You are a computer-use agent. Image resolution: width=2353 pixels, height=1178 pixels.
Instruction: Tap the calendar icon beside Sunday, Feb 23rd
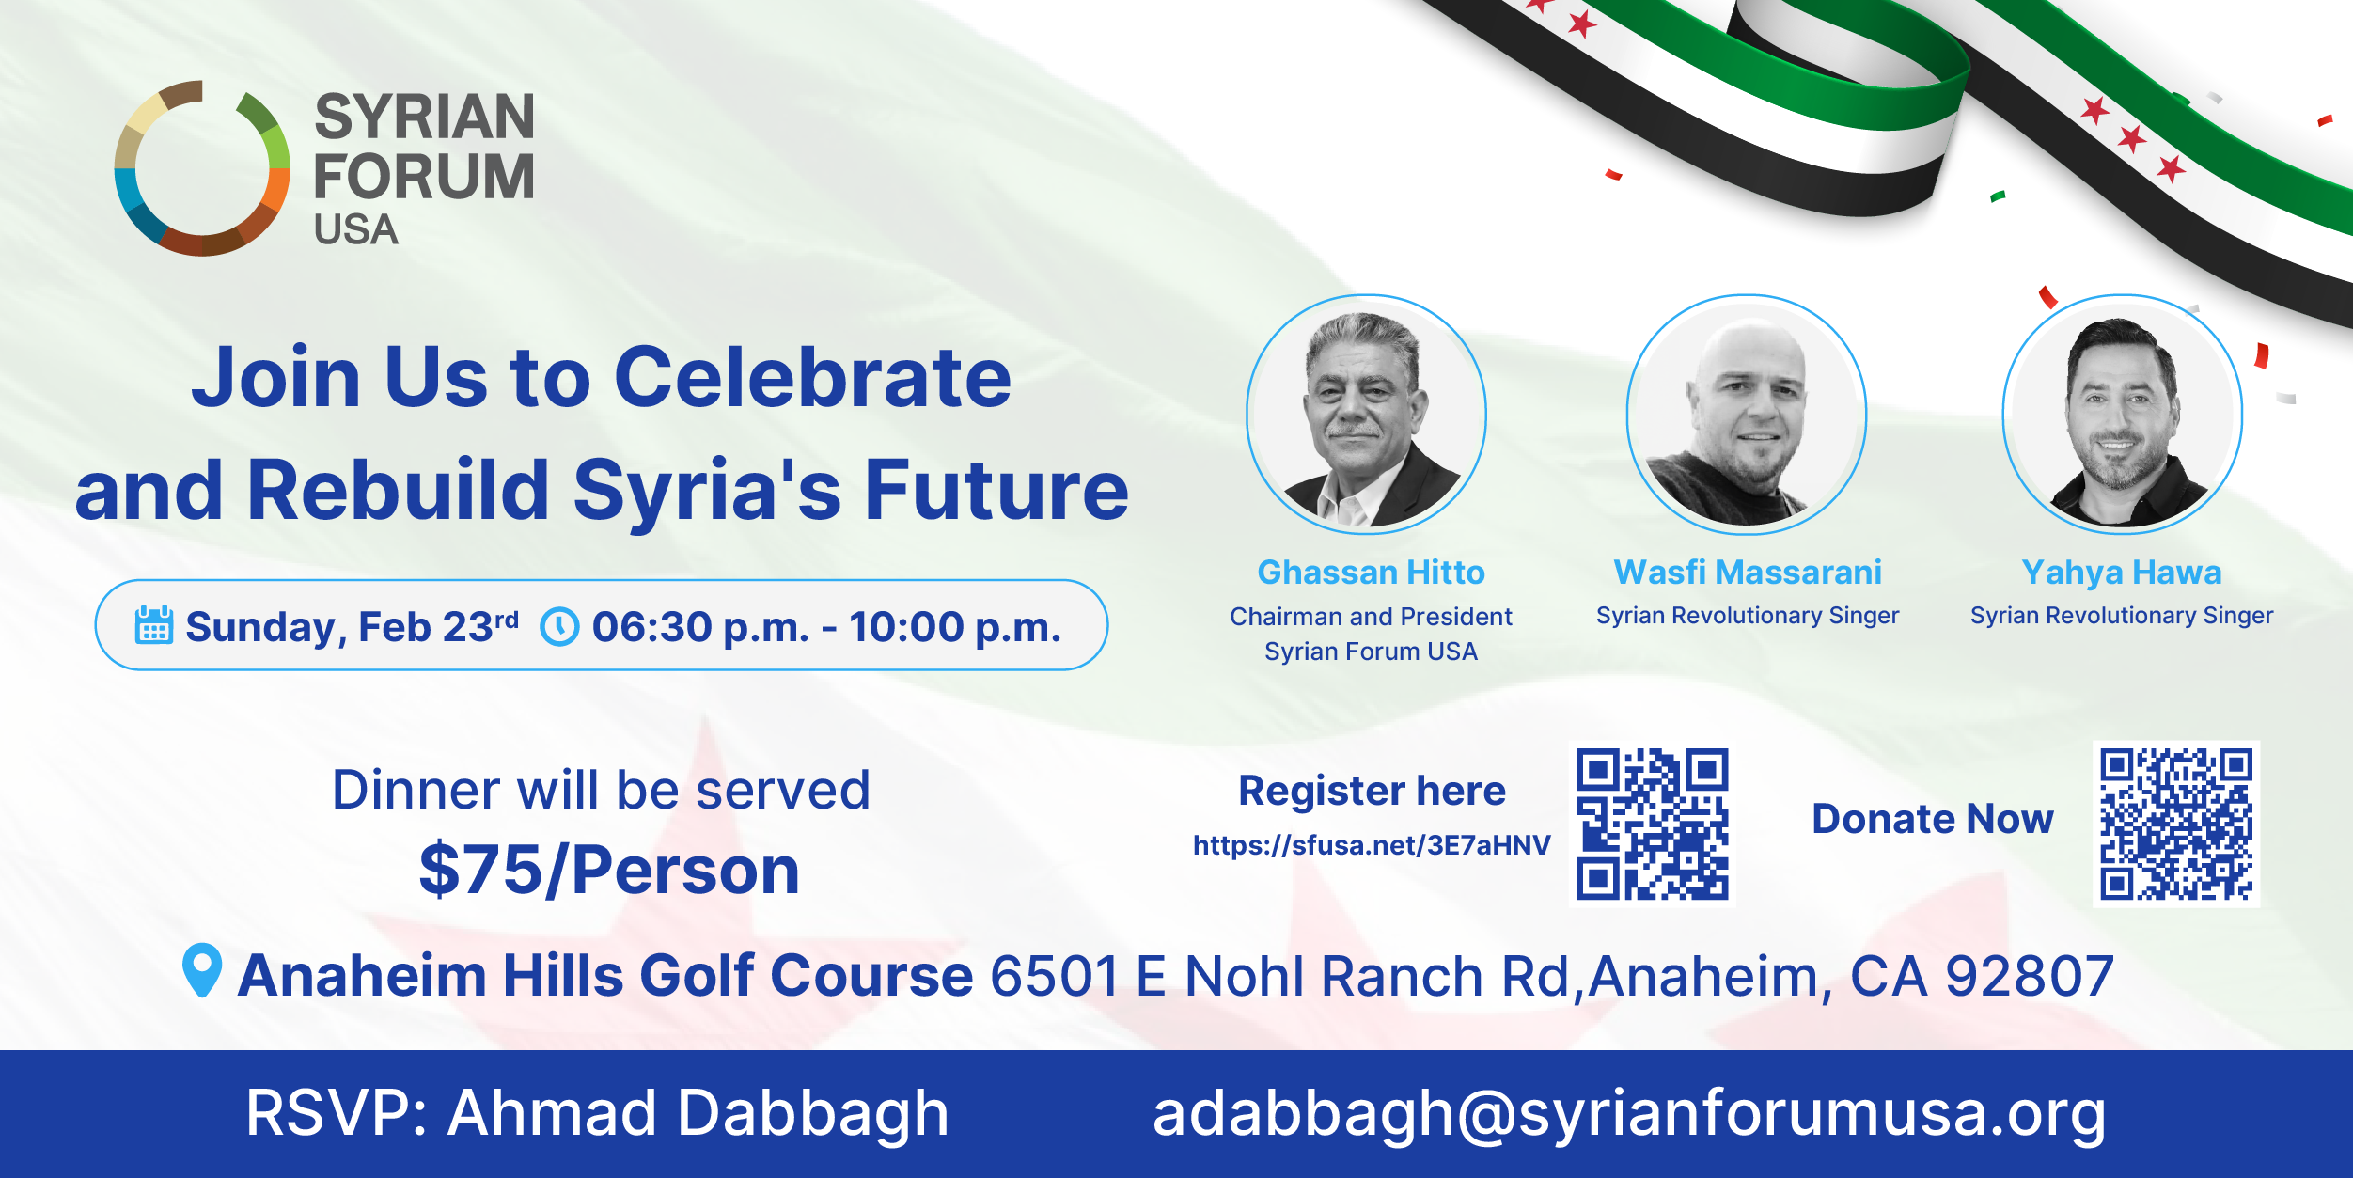point(153,625)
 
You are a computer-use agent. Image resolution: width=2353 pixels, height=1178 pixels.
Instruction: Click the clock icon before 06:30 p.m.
point(559,626)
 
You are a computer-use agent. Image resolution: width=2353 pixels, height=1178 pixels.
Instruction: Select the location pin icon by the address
point(201,969)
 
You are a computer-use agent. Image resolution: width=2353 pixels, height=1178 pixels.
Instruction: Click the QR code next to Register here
point(1652,824)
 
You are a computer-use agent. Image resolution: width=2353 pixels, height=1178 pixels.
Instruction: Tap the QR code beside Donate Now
point(2176,824)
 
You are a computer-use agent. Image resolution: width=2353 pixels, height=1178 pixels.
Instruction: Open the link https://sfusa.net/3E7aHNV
point(1372,845)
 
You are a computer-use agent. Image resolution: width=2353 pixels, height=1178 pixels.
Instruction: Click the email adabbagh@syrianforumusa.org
point(1629,1114)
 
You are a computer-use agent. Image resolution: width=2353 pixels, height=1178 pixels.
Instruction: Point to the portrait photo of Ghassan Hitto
point(1366,415)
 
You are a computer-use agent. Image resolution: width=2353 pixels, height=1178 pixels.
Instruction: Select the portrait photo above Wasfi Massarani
point(1747,415)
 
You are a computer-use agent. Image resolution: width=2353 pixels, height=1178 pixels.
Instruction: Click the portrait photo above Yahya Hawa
point(2122,415)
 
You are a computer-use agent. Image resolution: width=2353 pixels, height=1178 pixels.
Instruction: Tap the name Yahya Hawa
point(2122,573)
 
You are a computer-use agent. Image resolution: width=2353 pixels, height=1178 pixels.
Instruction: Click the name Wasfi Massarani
point(1748,572)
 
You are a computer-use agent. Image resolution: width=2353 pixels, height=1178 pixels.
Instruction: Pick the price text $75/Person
point(609,870)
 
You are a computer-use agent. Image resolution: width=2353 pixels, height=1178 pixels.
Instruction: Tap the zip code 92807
point(2030,976)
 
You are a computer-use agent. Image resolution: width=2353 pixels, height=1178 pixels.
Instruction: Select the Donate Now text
point(1933,819)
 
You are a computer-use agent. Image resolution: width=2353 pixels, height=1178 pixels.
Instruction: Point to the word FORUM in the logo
point(424,176)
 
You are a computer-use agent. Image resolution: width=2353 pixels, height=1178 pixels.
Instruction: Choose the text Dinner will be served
point(602,790)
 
